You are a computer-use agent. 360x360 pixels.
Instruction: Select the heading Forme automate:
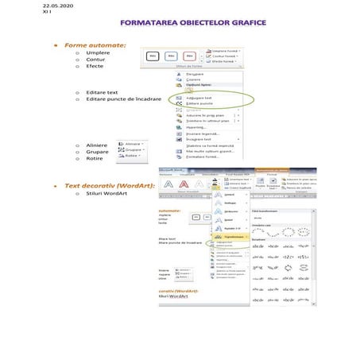click(95, 45)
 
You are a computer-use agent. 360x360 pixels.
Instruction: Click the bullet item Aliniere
click(97, 145)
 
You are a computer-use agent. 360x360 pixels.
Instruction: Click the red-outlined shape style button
click(189, 56)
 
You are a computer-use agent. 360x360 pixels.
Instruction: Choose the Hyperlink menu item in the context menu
click(195, 126)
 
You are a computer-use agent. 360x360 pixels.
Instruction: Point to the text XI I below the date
click(23, 13)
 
